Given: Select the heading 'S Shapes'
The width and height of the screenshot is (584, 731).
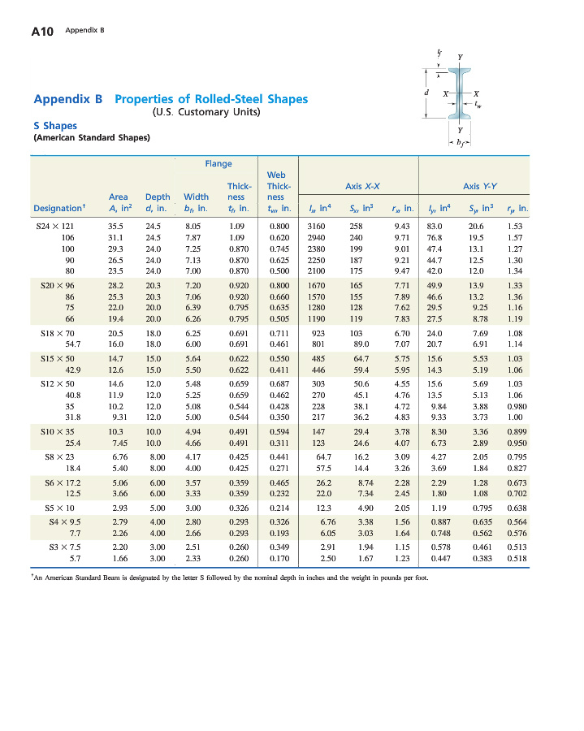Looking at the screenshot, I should coord(55,125).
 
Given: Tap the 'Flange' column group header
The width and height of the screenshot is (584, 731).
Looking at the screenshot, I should coord(218,163).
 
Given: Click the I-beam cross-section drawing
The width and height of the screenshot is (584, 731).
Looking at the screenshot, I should coord(460,94).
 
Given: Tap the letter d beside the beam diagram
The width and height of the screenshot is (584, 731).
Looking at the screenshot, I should coord(426,92).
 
